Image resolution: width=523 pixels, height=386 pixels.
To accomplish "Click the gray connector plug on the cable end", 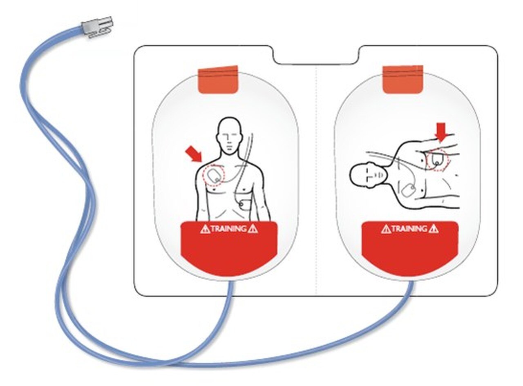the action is [x=97, y=26].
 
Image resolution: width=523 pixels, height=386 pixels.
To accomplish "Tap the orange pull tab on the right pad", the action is [x=402, y=80].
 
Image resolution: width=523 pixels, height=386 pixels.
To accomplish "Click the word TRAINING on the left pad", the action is [x=228, y=228].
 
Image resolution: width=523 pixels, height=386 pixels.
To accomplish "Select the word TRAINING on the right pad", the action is [x=409, y=228].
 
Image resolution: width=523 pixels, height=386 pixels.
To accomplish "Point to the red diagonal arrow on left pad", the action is [x=194, y=154].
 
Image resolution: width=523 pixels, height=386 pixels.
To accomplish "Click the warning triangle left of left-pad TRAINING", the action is [x=205, y=229].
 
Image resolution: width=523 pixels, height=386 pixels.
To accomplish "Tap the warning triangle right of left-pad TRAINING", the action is [x=253, y=229].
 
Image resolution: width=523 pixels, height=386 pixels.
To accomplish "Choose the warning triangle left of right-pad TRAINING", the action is [x=386, y=229].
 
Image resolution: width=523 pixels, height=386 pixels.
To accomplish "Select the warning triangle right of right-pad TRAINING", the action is [x=434, y=229].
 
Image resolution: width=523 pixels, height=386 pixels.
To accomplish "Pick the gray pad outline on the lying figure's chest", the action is [x=408, y=190].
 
